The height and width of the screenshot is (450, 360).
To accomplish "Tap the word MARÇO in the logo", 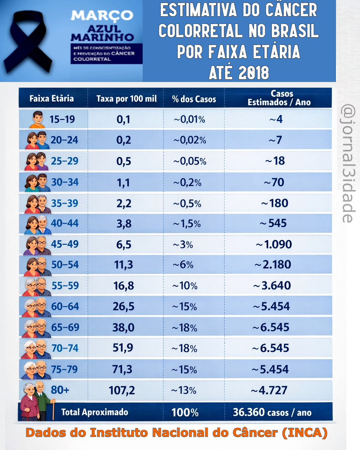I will [102, 15].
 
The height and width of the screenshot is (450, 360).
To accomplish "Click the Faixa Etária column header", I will [52, 99].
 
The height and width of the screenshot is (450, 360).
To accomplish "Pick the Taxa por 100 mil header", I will [126, 99].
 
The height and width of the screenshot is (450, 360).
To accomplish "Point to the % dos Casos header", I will [194, 99].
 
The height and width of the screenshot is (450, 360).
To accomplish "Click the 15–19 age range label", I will [62, 119].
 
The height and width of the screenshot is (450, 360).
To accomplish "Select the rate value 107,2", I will [122, 390].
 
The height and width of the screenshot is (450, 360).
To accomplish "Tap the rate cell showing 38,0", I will [123, 327].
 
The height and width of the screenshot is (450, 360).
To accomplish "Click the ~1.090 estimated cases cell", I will [274, 245].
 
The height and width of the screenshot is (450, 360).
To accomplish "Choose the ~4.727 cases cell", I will [269, 390].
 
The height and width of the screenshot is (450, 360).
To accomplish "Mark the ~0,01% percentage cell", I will [189, 119].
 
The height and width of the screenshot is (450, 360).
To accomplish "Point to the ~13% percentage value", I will [184, 390].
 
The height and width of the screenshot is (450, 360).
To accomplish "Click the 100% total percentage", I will [185, 413].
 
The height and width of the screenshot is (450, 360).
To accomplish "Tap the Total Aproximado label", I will [95, 412].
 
